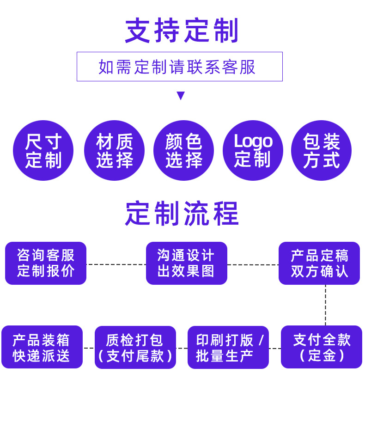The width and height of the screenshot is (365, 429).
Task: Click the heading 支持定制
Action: coord(182,31)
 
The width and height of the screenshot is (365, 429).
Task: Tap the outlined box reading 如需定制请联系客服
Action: coord(179,67)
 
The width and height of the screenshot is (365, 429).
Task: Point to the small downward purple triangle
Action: coord(181,96)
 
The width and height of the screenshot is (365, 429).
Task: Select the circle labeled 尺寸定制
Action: coord(43,150)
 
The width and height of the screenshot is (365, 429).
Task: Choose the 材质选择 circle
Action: coord(114,150)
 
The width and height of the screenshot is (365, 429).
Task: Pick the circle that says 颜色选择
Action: coord(183,150)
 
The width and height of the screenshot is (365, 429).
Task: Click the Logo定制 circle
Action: coord(253,150)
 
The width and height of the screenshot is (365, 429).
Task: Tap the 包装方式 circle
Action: coord(321,150)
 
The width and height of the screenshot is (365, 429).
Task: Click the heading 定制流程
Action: coord(182,214)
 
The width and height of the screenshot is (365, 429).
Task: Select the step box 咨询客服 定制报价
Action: coord(46,263)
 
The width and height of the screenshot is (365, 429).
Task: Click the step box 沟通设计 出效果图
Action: coord(186,263)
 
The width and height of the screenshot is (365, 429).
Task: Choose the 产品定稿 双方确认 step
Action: coord(319,263)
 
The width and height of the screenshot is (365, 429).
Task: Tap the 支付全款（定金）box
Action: coord(321,347)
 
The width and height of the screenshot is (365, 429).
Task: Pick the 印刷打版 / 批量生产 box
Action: coord(228,347)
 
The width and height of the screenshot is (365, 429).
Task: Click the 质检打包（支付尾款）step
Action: coord(135,347)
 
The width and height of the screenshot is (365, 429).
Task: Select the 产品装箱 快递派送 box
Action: coord(42,347)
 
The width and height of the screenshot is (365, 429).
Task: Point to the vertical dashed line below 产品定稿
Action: coord(325,305)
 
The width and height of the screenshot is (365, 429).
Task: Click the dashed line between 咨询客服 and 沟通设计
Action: coord(116,264)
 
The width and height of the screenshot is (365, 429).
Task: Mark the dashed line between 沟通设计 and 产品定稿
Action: coord(253,265)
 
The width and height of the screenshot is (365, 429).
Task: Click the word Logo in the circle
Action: coord(253,141)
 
